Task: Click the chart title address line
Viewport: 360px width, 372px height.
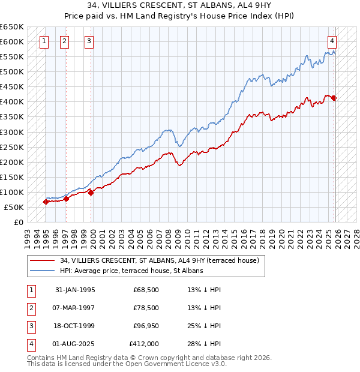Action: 180,6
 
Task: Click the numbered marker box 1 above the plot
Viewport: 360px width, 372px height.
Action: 45,41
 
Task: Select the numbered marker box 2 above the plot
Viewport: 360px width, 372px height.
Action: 64,41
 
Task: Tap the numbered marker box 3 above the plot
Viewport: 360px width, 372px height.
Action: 89,41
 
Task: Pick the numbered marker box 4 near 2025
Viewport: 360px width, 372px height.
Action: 332,41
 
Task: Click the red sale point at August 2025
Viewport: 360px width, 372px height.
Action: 334,98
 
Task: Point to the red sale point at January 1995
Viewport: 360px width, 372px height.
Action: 46,202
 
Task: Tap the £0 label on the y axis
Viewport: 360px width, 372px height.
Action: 18,222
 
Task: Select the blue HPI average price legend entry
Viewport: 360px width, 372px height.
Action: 131,271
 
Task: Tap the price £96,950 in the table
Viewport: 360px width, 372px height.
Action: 146,326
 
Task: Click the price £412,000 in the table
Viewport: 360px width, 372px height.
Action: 144,344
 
